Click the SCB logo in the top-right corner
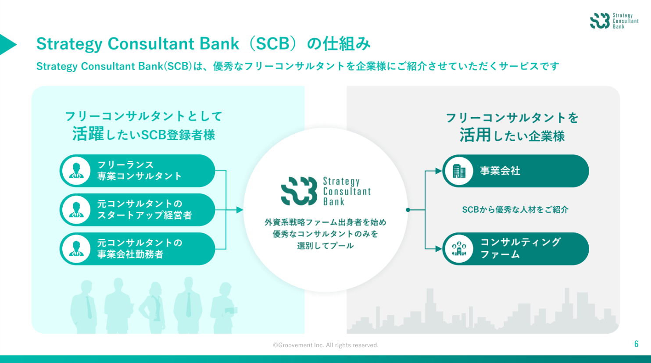pyautogui.click(x=613, y=21)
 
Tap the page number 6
pyautogui.click(x=636, y=344)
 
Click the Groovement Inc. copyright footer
pyautogui.click(x=325, y=345)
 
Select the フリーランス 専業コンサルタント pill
pyautogui.click(x=137, y=171)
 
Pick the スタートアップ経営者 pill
pyautogui.click(x=137, y=210)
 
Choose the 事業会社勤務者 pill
pyautogui.click(x=137, y=249)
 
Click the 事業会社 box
pyautogui.click(x=515, y=171)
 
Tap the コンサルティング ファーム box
pyautogui.click(x=515, y=249)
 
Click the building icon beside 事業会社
pyautogui.click(x=459, y=171)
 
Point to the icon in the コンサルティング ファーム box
pyautogui.click(x=459, y=249)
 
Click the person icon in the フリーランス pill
pyautogui.click(x=76, y=171)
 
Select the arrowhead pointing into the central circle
pyautogui.click(x=240, y=210)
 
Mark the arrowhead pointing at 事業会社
pyautogui.click(x=438, y=171)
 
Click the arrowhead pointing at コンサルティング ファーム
pyautogui.click(x=438, y=249)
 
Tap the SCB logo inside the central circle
pyautogui.click(x=325, y=191)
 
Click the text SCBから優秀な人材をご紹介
pyautogui.click(x=515, y=210)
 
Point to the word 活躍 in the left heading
pyautogui.click(x=88, y=134)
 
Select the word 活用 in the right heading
pyautogui.click(x=475, y=135)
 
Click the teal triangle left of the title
pyautogui.click(x=7, y=44)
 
